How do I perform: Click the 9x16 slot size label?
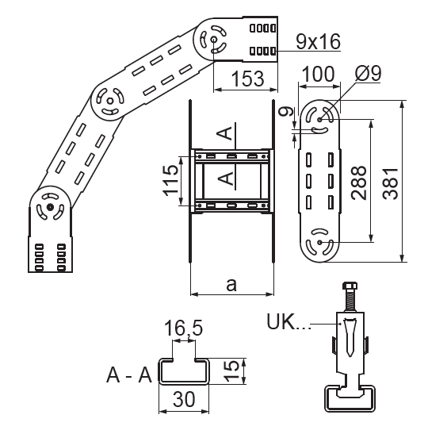click(x=319, y=41)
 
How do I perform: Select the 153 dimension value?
click(x=247, y=79)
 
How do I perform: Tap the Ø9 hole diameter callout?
click(x=369, y=73)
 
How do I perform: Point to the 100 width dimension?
click(x=318, y=74)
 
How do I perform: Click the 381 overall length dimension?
click(x=391, y=183)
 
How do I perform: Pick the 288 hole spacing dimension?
click(x=358, y=183)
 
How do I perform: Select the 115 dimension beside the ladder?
click(x=170, y=180)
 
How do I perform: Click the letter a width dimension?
click(x=231, y=285)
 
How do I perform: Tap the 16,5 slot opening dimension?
click(x=183, y=328)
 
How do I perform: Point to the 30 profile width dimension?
click(x=184, y=399)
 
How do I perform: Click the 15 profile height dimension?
click(x=231, y=371)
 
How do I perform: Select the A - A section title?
click(x=129, y=375)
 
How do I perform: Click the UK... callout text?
click(x=289, y=321)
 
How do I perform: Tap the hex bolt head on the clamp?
click(x=350, y=286)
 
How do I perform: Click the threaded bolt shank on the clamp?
click(x=350, y=301)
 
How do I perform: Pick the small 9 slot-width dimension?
click(x=285, y=112)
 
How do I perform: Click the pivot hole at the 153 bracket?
click(x=213, y=40)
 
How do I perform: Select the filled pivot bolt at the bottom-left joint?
click(x=50, y=207)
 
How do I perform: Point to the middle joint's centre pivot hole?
click(x=110, y=102)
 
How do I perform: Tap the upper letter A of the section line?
click(x=224, y=133)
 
